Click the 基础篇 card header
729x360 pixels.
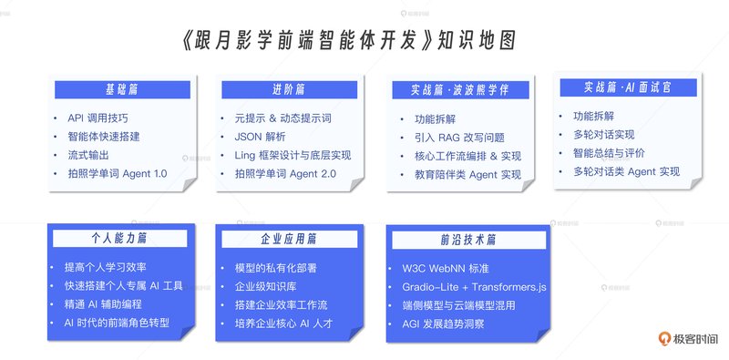(122, 89)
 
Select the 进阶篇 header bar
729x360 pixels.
(289, 89)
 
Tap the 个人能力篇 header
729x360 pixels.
(120, 239)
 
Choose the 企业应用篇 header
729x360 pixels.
(289, 239)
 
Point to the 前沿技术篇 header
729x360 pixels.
(468, 240)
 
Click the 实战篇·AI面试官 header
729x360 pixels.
(628, 87)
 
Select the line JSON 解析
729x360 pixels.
(260, 137)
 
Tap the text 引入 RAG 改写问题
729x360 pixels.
(459, 138)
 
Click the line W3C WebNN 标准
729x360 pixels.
(446, 268)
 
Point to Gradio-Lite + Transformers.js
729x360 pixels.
(474, 287)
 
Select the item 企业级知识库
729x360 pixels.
(265, 286)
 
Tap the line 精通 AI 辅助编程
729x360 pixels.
(103, 304)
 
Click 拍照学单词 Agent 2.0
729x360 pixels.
(285, 174)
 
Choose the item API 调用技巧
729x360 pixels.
(98, 118)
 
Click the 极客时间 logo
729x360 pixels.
(688, 339)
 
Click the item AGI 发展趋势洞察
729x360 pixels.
(443, 324)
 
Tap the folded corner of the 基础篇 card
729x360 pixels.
(190, 185)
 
